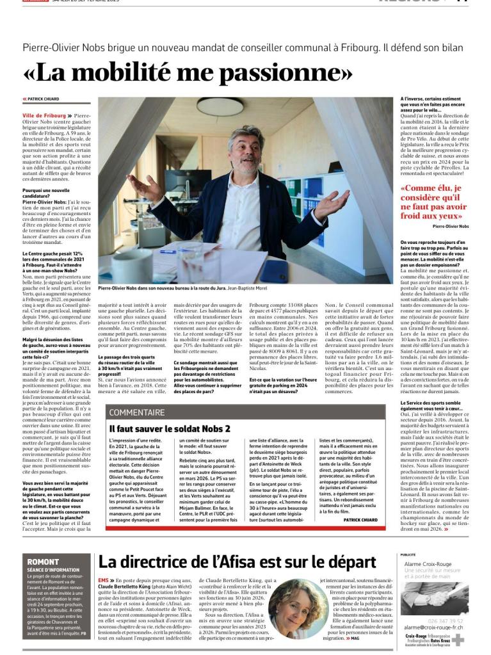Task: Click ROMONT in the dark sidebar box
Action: tap(42, 562)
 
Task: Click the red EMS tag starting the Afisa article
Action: tap(102, 579)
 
